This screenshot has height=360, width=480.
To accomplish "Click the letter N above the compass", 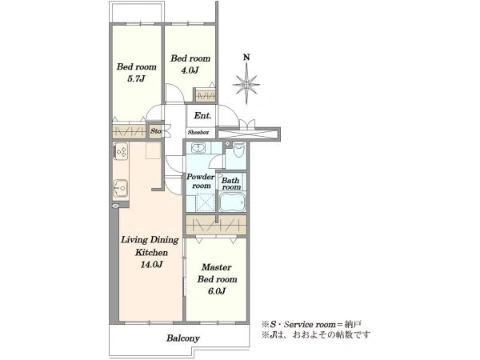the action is (246, 58).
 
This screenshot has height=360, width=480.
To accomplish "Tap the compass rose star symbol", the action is (246, 84).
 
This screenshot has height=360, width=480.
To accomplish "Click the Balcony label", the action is (183, 338).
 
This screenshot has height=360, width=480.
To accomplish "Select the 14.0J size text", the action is (151, 264).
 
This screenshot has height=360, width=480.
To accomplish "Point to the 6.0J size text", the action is (217, 291).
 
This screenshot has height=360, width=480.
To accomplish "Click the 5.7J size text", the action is (136, 79).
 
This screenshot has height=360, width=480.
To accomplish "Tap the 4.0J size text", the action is (190, 70).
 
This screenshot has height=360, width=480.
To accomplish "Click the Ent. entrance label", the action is (202, 116).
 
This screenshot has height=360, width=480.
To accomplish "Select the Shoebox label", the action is (198, 132).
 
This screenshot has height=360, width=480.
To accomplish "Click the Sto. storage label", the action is (156, 131).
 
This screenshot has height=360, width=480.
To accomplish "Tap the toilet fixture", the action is (238, 150).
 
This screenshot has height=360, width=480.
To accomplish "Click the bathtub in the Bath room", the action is (232, 202).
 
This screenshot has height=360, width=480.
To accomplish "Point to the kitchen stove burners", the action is (121, 151).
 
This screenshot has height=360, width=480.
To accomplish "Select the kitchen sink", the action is (121, 189).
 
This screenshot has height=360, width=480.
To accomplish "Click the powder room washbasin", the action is (199, 148).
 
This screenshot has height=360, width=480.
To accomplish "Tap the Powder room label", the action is (201, 182).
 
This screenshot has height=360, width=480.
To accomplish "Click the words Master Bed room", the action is (217, 273).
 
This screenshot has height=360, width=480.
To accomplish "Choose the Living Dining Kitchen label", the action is (150, 246).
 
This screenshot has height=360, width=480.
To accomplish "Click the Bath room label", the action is (231, 184).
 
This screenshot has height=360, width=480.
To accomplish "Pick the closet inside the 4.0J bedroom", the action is (206, 96).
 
